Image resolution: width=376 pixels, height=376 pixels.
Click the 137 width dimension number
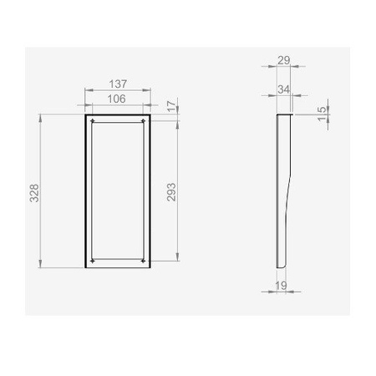pos(117,84)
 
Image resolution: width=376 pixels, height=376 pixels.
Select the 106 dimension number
pos(117,99)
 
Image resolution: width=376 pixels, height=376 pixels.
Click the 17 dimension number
pos(171,106)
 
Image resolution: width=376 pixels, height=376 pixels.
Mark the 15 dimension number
pos(323,114)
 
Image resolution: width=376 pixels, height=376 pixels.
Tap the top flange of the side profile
pos(284,114)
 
